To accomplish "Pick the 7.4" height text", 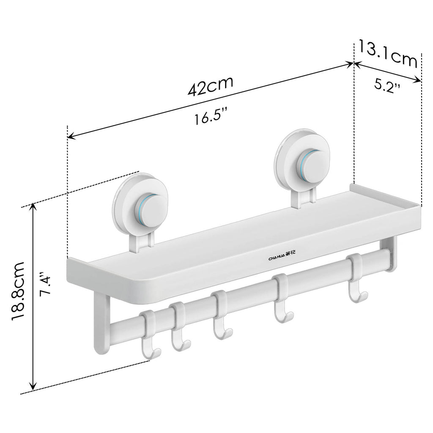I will coord(46,286).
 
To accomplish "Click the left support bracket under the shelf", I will coord(100,323).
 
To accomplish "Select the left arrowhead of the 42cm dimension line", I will coord(71,136).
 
